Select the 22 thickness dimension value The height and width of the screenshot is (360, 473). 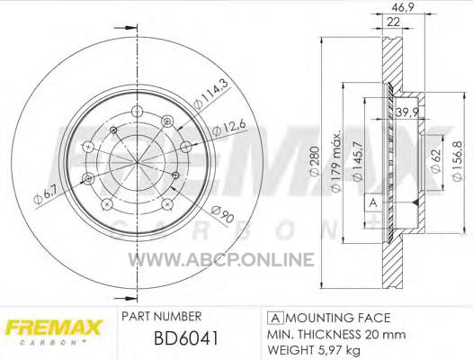click(x=393, y=22)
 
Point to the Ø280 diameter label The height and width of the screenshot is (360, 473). click(x=315, y=161)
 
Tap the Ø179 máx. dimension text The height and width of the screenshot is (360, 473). click(x=335, y=161)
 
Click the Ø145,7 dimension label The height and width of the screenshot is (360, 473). click(x=357, y=161)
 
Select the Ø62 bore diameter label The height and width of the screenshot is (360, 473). click(x=435, y=161)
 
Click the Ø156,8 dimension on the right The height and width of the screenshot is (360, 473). click(x=457, y=161)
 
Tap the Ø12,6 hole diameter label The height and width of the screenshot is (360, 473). click(x=229, y=128)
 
